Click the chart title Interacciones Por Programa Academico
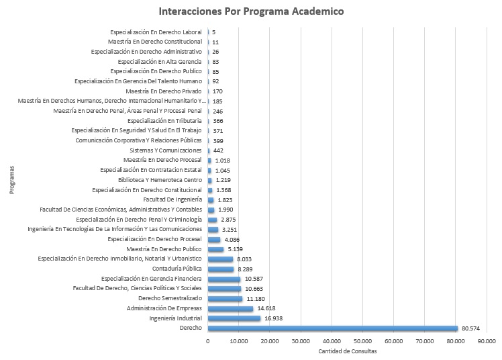(x=251, y=11)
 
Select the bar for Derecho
(x=332, y=328)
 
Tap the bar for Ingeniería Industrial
(x=234, y=318)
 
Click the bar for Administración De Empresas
(x=230, y=308)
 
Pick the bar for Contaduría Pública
(x=221, y=269)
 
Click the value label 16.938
(x=276, y=318)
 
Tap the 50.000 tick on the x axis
(x=362, y=342)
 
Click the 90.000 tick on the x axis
(x=487, y=342)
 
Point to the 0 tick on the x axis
(x=208, y=342)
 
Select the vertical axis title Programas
(x=12, y=180)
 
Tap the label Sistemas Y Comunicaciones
(x=164, y=150)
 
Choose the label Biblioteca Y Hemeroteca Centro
(x=160, y=180)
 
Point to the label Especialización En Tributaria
(x=164, y=121)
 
